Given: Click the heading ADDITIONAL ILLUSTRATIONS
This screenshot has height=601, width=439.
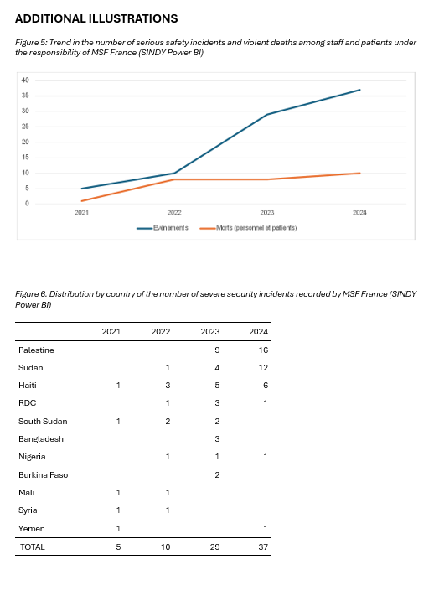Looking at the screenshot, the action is click(x=96, y=18).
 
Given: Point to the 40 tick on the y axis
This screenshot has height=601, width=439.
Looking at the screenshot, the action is click(x=25, y=80).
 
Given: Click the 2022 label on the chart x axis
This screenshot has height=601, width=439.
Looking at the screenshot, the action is click(x=174, y=213).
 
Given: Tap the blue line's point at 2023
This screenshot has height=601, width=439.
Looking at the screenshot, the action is click(x=267, y=114).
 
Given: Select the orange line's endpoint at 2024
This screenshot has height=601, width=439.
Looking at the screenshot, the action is click(x=359, y=174).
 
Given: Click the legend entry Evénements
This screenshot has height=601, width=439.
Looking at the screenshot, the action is click(x=163, y=228).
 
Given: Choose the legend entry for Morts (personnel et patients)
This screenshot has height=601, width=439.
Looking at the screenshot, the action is click(x=248, y=228).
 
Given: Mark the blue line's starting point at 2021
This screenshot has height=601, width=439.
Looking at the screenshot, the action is click(x=81, y=189).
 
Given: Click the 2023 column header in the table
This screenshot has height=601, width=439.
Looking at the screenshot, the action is click(x=210, y=332).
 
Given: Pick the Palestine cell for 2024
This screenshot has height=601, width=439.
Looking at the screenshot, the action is click(x=263, y=350).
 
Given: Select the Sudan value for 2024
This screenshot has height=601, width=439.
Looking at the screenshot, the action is click(x=263, y=368).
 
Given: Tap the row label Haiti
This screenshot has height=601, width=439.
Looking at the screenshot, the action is click(x=28, y=386).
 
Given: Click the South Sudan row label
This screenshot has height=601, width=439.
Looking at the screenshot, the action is click(x=43, y=422).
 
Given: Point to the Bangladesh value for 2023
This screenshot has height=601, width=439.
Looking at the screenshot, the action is click(x=217, y=439).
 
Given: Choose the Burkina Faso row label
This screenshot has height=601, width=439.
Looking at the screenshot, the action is click(x=44, y=475).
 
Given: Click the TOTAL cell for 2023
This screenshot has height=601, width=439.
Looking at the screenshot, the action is click(x=215, y=547).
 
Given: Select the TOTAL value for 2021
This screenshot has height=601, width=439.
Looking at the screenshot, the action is click(x=118, y=547).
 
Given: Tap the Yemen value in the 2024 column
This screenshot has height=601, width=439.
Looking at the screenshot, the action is click(x=266, y=529).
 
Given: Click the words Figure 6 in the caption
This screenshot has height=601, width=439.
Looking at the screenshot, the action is click(x=31, y=294).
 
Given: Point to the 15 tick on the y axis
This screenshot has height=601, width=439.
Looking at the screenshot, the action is click(x=25, y=158).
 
